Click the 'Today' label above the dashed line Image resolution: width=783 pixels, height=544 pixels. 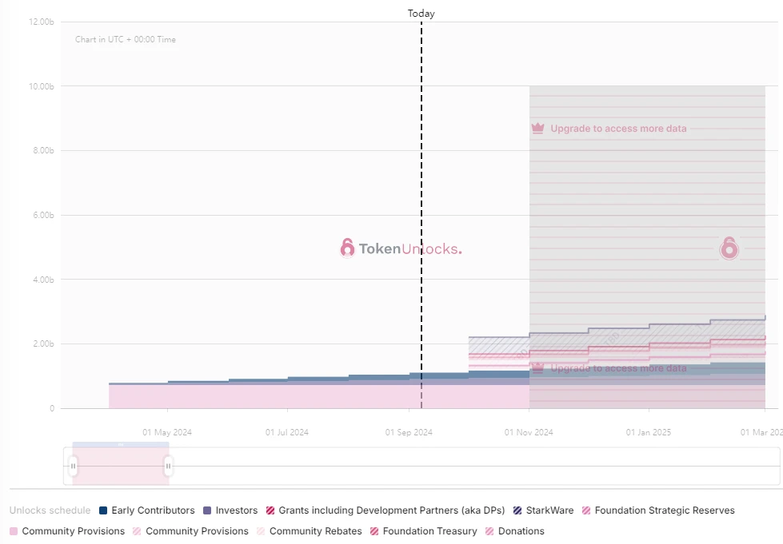(421, 14)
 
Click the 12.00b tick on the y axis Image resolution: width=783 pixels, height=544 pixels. (41, 22)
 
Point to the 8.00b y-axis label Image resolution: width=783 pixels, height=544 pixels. (42, 151)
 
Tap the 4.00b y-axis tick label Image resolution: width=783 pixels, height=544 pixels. (42, 280)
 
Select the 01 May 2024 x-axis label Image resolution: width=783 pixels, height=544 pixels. (167, 432)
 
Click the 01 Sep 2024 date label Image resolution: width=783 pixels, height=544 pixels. (409, 432)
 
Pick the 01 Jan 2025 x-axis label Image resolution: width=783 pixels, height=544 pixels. (649, 432)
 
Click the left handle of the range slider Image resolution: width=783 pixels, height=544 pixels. (73, 466)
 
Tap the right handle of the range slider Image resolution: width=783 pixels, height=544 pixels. (168, 466)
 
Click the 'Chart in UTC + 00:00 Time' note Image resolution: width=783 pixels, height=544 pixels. (126, 39)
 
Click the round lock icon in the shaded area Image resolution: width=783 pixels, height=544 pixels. (729, 248)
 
